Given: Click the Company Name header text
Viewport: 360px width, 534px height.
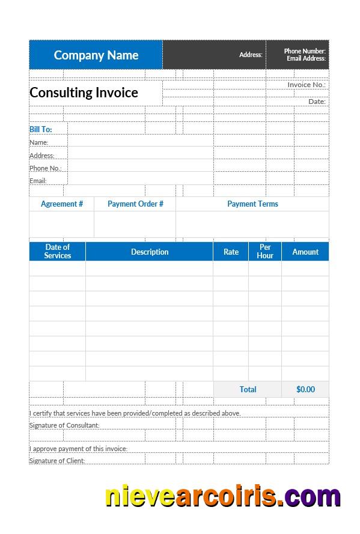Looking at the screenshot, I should (x=96, y=55).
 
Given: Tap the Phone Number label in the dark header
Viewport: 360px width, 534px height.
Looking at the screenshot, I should (x=305, y=51).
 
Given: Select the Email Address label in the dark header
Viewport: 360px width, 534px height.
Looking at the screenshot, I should (x=306, y=58).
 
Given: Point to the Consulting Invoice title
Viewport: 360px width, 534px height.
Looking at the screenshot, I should (x=84, y=93).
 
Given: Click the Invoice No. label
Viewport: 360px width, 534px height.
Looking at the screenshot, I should (x=307, y=85).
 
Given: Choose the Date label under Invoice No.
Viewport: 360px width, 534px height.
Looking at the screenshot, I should (x=317, y=102).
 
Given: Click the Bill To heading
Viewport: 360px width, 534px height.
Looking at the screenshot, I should (x=41, y=129).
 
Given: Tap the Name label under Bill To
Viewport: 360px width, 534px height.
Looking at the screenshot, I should (x=39, y=142).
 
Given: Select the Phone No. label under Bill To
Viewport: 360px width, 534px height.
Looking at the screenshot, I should (x=45, y=168).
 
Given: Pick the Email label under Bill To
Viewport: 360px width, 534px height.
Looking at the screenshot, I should (x=38, y=181).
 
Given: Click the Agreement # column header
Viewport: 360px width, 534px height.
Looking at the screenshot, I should (x=62, y=204).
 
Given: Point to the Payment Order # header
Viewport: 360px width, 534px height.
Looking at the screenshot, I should (x=135, y=204).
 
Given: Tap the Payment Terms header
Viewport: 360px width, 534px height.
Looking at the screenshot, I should (x=252, y=204).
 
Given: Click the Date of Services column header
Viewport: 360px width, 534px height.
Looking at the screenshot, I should (x=58, y=251).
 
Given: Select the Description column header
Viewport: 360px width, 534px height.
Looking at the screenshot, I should (x=150, y=252).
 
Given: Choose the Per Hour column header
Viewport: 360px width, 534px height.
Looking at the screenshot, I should (x=265, y=251).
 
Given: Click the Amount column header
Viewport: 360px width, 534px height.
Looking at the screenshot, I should (x=305, y=252).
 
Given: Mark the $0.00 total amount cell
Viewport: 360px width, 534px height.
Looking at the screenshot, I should (x=305, y=389).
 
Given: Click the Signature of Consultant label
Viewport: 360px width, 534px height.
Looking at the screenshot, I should (x=64, y=425).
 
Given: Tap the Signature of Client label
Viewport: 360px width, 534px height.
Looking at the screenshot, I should (x=57, y=461).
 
